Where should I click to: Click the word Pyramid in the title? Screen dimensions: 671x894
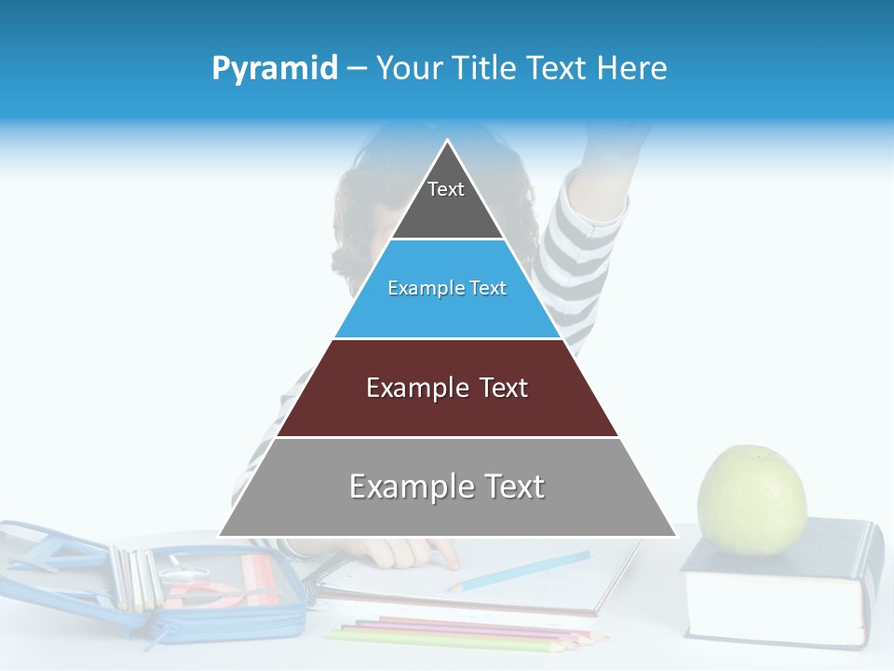pyautogui.click(x=275, y=69)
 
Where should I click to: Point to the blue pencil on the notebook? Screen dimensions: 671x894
pyautogui.click(x=521, y=570)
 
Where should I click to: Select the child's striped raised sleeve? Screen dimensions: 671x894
pyautogui.click(x=582, y=252)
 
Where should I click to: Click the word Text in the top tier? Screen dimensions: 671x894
pyautogui.click(x=445, y=189)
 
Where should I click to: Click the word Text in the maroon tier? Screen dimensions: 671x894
pyautogui.click(x=504, y=388)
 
